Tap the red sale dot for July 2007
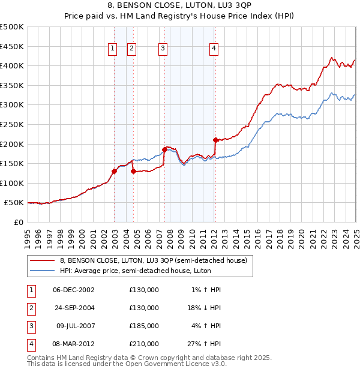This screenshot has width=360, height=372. pos(164,149)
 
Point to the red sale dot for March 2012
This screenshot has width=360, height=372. pos(215,140)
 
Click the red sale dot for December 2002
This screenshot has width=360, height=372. pos(114,171)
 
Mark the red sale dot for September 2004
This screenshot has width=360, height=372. pos(133,171)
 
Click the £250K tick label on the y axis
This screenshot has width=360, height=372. pos(12,124)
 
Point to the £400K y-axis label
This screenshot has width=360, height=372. pos(12,66)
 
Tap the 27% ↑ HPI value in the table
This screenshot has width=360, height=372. pos(204,344)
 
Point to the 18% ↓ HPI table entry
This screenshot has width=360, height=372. pos(204,308)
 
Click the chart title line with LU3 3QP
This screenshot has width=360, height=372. pos(180,6)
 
